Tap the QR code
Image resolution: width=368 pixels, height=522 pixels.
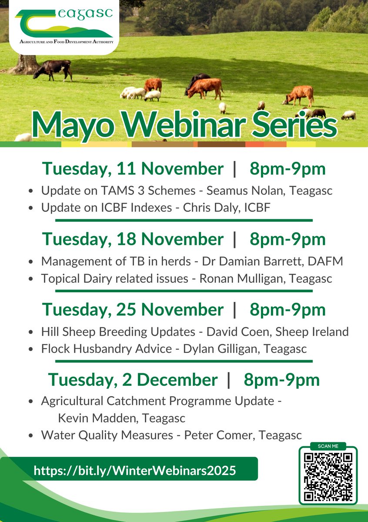(x=328, y=477)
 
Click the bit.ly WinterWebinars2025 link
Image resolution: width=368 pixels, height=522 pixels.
(x=135, y=470)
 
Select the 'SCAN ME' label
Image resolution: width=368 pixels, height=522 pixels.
(x=328, y=446)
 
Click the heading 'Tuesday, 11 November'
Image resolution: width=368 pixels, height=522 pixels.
(x=133, y=169)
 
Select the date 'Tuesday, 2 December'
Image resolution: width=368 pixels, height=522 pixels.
(x=133, y=380)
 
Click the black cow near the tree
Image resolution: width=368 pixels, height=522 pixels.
(x=53, y=69)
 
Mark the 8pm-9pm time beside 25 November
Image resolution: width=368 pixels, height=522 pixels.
(x=288, y=310)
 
